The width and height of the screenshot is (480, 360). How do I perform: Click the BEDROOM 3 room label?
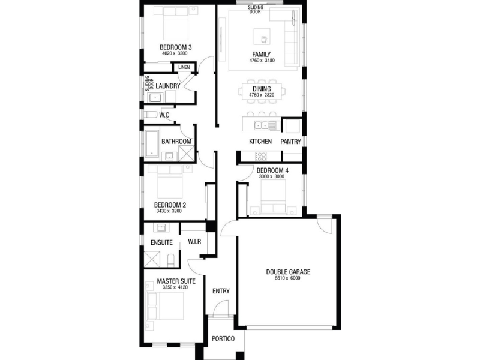coord(176,47)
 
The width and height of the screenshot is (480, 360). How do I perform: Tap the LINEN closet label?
coord(184,67)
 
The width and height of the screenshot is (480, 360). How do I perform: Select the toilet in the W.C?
coord(151,115)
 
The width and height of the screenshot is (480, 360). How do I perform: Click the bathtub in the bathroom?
coord(152,143)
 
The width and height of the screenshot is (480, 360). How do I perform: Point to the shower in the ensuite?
coord(152,259)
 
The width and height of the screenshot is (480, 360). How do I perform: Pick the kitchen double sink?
coord(262,125)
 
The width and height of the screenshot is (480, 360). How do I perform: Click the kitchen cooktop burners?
coord(261,156)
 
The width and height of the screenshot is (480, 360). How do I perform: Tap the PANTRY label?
coord(290,142)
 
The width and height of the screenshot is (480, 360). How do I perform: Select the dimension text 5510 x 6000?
coord(287,278)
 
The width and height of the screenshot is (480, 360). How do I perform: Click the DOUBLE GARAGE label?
coord(288,272)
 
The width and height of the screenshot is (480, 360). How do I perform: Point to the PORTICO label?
coord(223,338)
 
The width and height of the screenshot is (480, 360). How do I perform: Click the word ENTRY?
coord(221,291)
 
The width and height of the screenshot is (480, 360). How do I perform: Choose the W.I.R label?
coord(194,242)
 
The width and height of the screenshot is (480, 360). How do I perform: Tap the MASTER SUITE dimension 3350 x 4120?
coord(175,287)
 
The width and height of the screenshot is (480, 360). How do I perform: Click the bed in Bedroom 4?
coord(273,196)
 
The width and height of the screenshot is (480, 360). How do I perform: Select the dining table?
coord(262,91)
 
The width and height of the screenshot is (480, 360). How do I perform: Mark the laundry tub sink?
coord(155,98)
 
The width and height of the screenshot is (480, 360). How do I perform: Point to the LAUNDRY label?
coord(168,86)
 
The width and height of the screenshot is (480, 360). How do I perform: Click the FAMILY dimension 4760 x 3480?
coord(262,61)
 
